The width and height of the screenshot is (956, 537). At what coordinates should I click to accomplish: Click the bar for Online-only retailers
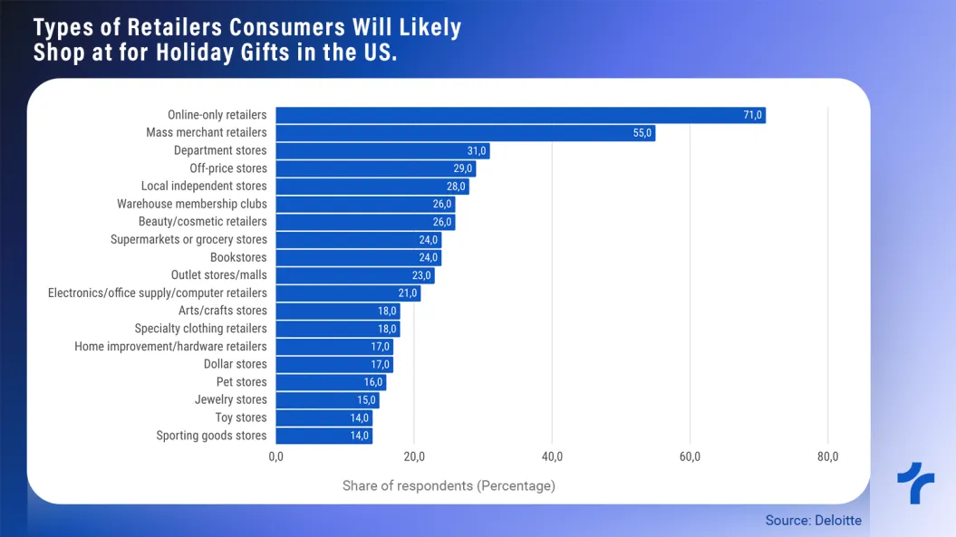click(x=520, y=115)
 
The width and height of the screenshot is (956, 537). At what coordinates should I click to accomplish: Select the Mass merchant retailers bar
click(x=465, y=133)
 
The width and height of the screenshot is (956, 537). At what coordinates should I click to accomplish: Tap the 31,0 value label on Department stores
click(x=477, y=151)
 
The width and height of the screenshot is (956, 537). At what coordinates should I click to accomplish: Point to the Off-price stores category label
click(x=228, y=168)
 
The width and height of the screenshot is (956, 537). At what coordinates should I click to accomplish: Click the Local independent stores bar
click(x=372, y=187)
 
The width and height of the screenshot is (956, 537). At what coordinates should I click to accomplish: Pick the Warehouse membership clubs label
click(x=192, y=204)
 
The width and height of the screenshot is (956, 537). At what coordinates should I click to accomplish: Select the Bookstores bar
click(x=358, y=257)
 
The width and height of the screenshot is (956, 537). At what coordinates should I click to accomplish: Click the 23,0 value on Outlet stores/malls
click(x=421, y=275)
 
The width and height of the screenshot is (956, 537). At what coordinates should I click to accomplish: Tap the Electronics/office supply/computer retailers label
click(x=158, y=292)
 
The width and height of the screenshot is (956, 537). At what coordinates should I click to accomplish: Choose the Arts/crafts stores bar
click(x=337, y=311)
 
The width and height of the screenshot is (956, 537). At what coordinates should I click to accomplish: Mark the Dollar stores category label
click(x=236, y=364)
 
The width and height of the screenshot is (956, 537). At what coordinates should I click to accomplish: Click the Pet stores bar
click(x=331, y=382)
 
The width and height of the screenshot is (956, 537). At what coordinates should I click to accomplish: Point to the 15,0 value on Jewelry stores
click(x=366, y=399)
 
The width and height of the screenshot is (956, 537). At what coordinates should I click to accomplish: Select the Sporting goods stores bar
click(x=323, y=436)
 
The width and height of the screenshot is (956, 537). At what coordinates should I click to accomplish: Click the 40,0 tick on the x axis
click(x=552, y=456)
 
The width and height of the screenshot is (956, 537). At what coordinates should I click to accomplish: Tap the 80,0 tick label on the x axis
click(x=827, y=456)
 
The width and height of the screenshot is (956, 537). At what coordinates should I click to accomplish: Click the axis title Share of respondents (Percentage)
click(x=449, y=485)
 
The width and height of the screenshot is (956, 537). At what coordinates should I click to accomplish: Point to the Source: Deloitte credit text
click(x=814, y=520)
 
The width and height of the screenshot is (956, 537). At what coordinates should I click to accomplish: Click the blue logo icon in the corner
click(x=915, y=483)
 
